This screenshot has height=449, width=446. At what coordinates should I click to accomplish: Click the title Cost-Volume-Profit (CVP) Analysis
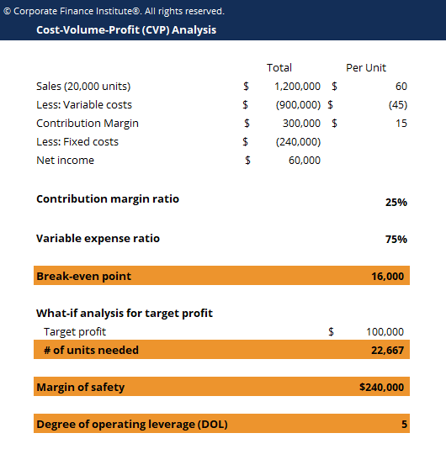pos(126,29)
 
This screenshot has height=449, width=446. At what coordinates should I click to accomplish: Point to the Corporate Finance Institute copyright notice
pos(114,11)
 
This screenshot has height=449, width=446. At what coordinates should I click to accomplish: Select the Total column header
pos(279,67)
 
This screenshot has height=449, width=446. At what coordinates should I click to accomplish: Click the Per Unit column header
pos(366,67)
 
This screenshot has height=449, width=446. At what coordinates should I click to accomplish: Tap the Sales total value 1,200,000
pos(297,86)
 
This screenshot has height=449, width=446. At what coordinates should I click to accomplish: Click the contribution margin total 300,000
pos(300,123)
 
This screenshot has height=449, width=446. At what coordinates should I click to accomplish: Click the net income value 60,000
pos(304,160)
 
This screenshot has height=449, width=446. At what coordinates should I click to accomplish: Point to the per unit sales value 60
pos(401,86)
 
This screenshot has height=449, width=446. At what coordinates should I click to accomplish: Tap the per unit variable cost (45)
pos(397,104)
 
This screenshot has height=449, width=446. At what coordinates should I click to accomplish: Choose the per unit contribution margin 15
pos(401,123)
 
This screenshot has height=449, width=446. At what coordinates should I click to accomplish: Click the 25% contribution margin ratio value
pos(396,203)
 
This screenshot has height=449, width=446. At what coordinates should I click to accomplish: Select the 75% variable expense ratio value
pos(396,239)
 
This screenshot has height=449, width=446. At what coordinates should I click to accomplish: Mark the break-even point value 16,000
pos(387,276)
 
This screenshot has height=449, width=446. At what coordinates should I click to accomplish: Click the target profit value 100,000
pos(385,331)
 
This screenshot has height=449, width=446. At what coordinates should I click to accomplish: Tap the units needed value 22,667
pos(387,350)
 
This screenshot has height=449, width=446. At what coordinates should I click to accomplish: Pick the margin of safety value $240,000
pos(381,388)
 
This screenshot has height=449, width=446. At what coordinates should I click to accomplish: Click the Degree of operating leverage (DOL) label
pos(131,424)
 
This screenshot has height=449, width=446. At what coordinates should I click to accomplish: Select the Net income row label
pos(65,160)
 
